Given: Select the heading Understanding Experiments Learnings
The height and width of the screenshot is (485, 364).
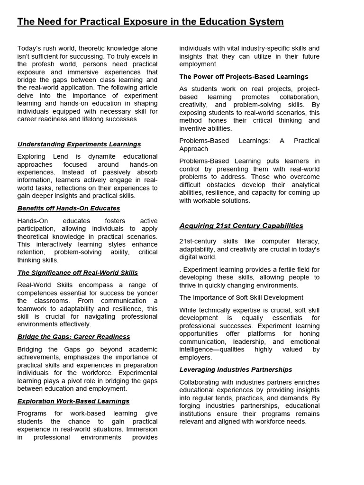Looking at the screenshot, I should point(79,144).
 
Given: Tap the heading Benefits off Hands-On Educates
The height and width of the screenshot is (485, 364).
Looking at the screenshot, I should point(69,208).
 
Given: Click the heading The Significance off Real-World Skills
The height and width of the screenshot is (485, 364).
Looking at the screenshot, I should point(78,272).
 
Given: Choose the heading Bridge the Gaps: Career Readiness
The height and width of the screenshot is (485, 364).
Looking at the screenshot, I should point(73,336).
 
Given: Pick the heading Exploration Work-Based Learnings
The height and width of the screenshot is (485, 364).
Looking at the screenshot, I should point(73,401).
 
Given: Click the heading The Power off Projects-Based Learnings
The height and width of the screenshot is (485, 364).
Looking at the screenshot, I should point(244,76).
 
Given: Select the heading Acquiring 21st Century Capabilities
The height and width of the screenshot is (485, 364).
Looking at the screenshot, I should point(241,225).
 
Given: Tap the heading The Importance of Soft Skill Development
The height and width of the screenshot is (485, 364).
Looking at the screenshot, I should point(241,297).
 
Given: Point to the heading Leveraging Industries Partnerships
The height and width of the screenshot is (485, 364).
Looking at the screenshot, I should point(236,369).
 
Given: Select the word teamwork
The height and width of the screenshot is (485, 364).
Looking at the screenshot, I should point(33,308).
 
